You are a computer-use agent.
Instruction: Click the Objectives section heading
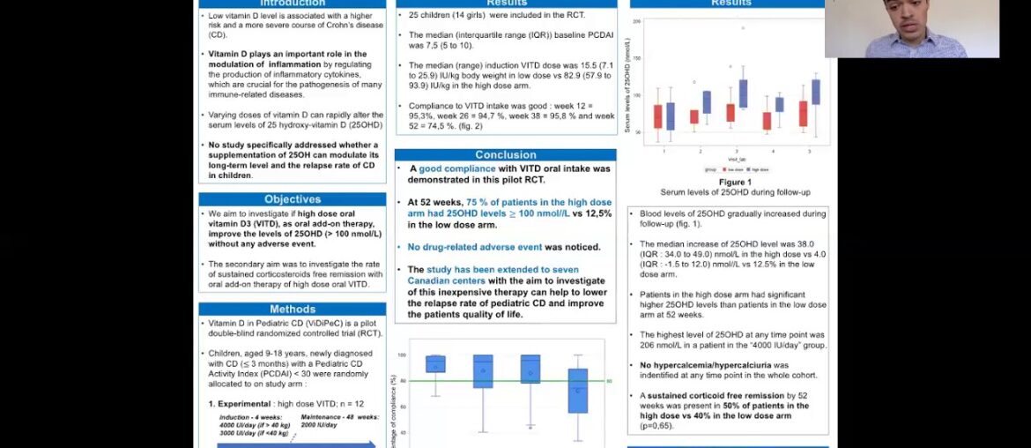point(292,199)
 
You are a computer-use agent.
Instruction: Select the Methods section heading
point(292,310)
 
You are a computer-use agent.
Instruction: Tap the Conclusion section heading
point(505,155)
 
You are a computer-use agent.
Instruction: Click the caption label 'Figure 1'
point(729,182)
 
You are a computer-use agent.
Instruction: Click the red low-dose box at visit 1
point(658,116)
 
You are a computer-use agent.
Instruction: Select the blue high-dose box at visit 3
point(743,93)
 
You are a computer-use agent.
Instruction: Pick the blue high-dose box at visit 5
point(815,92)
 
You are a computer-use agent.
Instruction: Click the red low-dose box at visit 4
point(767,121)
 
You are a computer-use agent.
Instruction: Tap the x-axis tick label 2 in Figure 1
point(700,152)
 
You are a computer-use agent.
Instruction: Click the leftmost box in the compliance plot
point(435,364)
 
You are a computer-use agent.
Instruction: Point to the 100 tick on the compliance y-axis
point(402,355)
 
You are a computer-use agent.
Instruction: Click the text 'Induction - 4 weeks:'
point(246,417)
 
